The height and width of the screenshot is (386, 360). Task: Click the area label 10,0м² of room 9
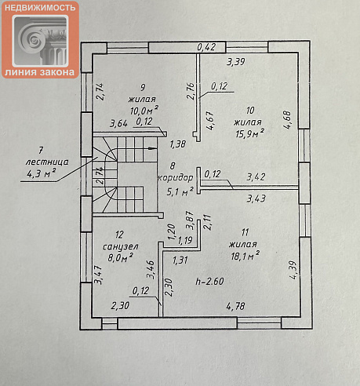coord(144,110)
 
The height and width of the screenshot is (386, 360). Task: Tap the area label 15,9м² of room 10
coord(249,133)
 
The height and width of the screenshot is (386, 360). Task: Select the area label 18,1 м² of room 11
coord(245,256)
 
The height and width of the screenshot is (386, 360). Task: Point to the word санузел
coord(120,246)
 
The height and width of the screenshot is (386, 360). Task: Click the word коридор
coord(176,178)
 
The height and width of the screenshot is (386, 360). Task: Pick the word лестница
coord(47,162)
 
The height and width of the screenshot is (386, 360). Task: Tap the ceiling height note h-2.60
coord(209,281)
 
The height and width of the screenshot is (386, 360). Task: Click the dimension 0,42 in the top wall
coord(206,47)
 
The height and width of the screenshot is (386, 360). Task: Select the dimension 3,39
coord(235,62)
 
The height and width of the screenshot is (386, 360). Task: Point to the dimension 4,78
coord(235,306)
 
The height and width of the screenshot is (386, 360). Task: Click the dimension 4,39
coord(293,270)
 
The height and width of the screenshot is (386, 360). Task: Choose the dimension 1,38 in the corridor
coord(178,144)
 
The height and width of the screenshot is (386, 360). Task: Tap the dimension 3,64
coord(118,123)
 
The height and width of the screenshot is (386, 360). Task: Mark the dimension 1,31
coord(180,260)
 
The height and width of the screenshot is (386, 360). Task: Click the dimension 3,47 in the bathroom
coord(99,275)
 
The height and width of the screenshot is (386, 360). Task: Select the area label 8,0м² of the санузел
coord(120,257)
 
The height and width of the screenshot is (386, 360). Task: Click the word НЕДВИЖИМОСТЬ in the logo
coord(40,8)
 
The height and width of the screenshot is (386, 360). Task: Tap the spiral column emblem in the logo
coord(40,40)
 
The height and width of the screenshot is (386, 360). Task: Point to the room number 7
coord(41,151)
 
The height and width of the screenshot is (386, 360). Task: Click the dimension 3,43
coord(256,198)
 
